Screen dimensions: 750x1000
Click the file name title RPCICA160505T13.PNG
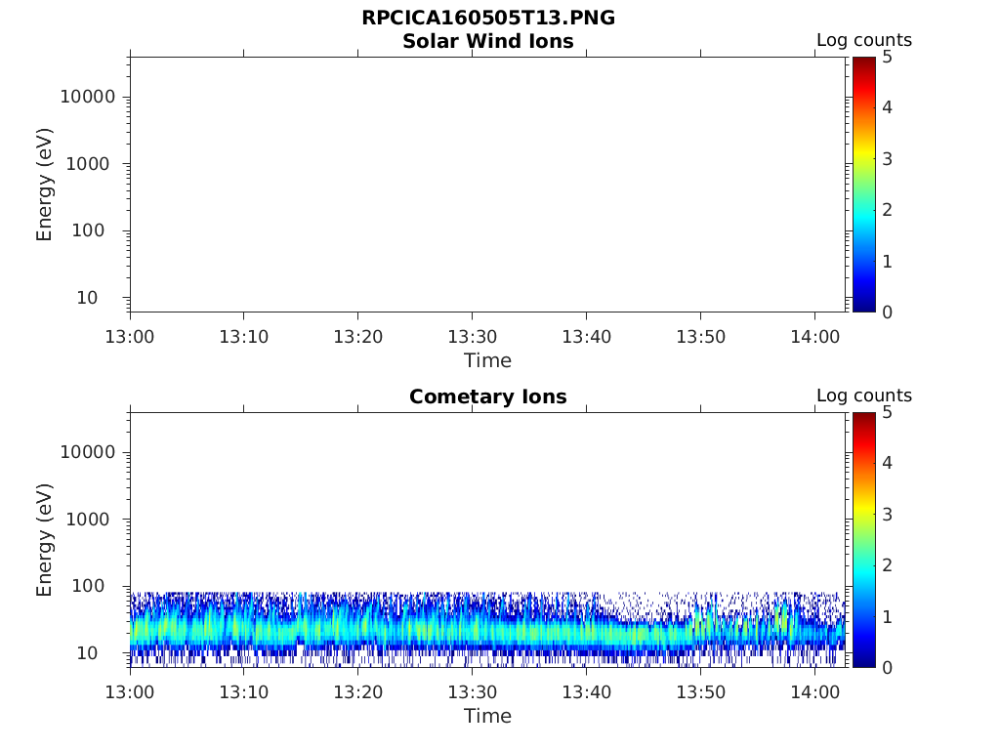pyautogui.click(x=487, y=19)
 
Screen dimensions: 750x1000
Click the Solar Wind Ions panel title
pyautogui.click(x=487, y=41)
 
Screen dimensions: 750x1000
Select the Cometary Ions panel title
pyautogui.click(x=487, y=396)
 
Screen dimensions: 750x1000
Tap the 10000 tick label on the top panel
pyautogui.click(x=88, y=98)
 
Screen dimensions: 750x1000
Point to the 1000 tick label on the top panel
pyautogui.click(x=93, y=164)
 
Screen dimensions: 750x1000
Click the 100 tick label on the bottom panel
pyautogui.click(x=98, y=586)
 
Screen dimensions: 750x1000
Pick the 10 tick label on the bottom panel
pyautogui.click(x=103, y=652)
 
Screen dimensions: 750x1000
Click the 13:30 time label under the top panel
pyautogui.click(x=472, y=337)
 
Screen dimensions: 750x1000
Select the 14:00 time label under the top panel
pyautogui.click(x=814, y=337)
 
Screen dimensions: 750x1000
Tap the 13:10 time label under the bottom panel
pyautogui.click(x=243, y=692)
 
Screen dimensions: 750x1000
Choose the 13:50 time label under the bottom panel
pyautogui.click(x=700, y=692)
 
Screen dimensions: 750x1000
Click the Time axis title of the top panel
pyautogui.click(x=487, y=360)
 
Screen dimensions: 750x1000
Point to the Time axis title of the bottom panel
pyautogui.click(x=487, y=716)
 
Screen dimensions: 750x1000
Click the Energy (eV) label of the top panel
pyautogui.click(x=45, y=185)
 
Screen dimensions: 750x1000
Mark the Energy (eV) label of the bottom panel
pyautogui.click(x=45, y=540)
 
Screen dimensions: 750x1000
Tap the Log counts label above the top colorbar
pyautogui.click(x=863, y=41)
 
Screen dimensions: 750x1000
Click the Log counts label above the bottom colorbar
pyautogui.click(x=863, y=396)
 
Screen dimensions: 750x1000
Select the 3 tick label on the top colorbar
pyautogui.click(x=887, y=158)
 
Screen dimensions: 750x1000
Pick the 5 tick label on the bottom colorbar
pyautogui.click(x=887, y=413)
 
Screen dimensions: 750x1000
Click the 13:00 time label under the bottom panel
pyautogui.click(x=130, y=692)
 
